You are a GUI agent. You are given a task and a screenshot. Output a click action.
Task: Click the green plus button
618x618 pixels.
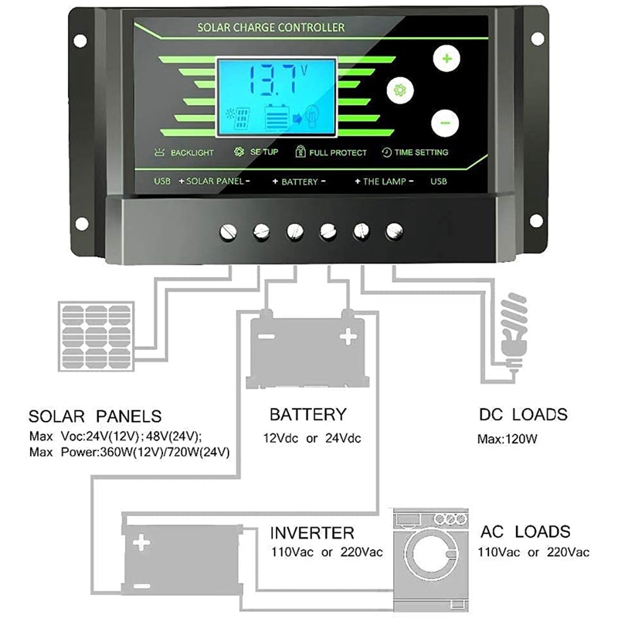[x=446, y=57]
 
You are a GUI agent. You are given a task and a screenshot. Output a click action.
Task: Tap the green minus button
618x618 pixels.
[x=445, y=121]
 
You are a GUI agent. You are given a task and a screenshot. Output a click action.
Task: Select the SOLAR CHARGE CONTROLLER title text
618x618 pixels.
[x=270, y=28]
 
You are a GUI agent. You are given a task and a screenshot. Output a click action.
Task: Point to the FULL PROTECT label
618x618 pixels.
[x=338, y=153]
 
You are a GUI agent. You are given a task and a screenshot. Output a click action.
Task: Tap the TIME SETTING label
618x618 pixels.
[x=421, y=153]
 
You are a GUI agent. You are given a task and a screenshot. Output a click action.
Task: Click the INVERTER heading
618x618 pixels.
[x=312, y=532]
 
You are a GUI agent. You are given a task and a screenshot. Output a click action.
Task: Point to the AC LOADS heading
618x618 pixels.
[x=525, y=531]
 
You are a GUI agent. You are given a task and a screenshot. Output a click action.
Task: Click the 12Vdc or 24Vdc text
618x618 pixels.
[x=314, y=438]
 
